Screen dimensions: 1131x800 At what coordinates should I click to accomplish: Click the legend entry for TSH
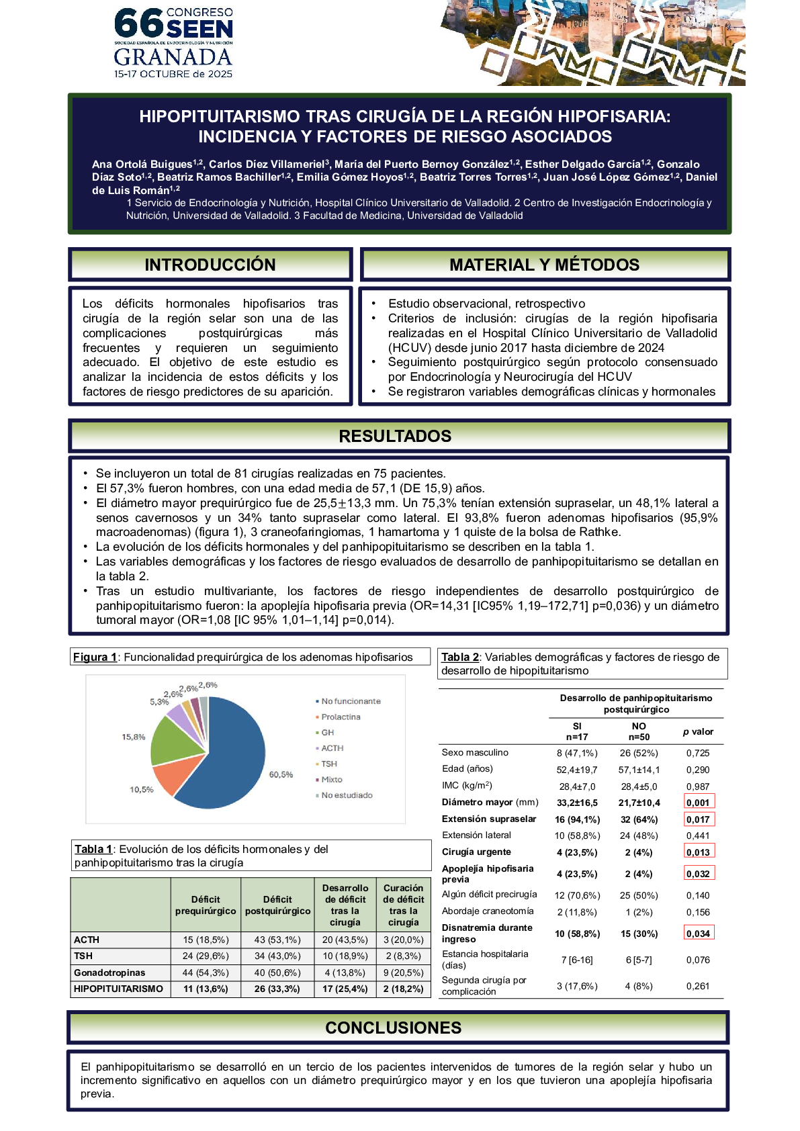click(328, 764)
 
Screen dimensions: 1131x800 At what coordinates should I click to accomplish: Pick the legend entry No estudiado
click(346, 795)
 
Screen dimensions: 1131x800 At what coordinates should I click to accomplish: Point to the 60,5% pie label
click(281, 774)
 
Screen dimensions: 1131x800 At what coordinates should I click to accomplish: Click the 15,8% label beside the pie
click(133, 737)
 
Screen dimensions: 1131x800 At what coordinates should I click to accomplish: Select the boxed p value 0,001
click(698, 803)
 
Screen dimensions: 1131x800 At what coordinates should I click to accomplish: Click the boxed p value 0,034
click(698, 934)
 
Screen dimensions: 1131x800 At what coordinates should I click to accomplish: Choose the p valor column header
click(698, 731)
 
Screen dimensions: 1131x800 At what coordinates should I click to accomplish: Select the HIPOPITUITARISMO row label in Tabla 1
click(118, 989)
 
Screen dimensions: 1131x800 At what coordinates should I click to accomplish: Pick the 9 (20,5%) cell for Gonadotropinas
click(403, 972)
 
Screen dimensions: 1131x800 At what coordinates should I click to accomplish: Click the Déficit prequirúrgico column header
click(206, 905)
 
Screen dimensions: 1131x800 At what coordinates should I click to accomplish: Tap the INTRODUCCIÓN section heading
click(210, 265)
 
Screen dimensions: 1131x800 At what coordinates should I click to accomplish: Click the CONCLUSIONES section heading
click(393, 1028)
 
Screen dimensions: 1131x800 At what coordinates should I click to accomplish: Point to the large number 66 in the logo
click(138, 24)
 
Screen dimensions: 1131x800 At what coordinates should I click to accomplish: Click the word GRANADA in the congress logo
click(173, 56)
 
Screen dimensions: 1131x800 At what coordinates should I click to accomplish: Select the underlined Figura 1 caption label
click(95, 657)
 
